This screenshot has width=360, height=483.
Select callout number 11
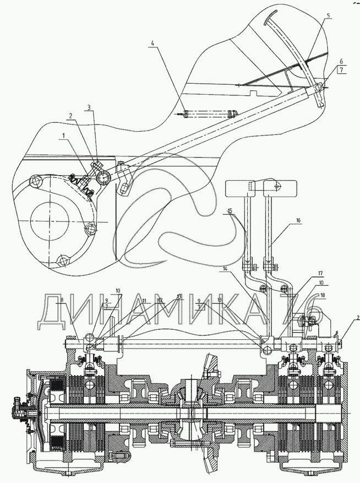click(144, 300)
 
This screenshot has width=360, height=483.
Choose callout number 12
click(160, 300)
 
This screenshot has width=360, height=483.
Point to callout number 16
click(298, 220)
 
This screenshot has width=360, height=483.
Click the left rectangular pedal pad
click(241, 187)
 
